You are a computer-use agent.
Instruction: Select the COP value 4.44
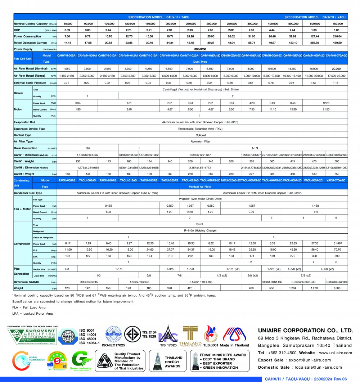tap(272, 30)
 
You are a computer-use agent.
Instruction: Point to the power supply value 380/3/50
tap(201, 49)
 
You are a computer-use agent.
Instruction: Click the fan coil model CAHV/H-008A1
tap(67, 55)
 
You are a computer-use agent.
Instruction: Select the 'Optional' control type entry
tap(201, 135)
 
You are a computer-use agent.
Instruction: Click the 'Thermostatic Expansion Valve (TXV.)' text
tap(201, 129)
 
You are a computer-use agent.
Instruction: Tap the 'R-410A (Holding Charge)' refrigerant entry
tap(201, 230)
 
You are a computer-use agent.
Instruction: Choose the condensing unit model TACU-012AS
tap(128, 180)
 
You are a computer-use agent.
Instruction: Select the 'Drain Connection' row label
tap(25, 148)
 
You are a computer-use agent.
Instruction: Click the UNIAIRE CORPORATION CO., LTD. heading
tap(305, 331)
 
